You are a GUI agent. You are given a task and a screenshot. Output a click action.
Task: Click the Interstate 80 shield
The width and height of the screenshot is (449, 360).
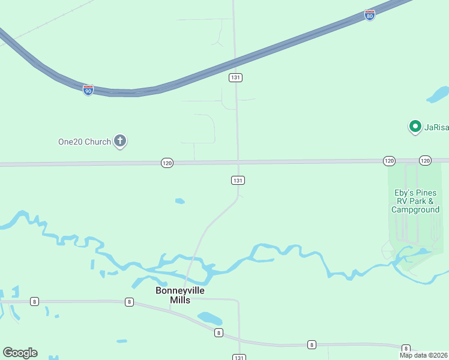[x=370, y=16]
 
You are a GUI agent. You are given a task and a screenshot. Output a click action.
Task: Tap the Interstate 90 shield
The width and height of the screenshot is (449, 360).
[x=88, y=90]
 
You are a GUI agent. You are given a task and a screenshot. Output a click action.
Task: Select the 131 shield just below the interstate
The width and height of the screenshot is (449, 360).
[x=235, y=77]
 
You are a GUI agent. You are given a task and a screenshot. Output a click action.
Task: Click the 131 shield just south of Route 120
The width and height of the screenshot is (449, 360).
[x=238, y=180]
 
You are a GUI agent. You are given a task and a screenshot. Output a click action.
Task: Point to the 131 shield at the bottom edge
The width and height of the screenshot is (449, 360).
[x=238, y=357]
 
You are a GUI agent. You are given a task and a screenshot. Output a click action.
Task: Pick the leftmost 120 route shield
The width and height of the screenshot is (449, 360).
[x=167, y=163]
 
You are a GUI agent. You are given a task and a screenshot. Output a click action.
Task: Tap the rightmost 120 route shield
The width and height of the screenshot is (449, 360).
[x=425, y=160]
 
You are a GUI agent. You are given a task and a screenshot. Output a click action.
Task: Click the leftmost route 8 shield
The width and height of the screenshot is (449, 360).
[x=35, y=301]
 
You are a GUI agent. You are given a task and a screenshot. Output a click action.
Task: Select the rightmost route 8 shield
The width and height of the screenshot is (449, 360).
[x=406, y=348]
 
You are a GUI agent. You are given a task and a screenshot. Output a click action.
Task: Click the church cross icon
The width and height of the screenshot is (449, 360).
[x=120, y=142]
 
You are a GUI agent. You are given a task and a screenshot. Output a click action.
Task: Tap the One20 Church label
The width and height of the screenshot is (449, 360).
[x=84, y=142]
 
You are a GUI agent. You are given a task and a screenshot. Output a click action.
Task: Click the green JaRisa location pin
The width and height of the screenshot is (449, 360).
[x=415, y=127]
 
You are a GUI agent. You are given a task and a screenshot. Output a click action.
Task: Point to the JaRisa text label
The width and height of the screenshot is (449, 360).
[x=436, y=127]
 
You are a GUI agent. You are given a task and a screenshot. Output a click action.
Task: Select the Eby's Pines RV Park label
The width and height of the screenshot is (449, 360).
[x=415, y=201]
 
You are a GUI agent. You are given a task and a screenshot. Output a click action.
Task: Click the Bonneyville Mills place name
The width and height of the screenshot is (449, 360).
[x=180, y=295]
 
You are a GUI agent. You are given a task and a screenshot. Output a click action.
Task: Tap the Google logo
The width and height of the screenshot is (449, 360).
[x=20, y=353]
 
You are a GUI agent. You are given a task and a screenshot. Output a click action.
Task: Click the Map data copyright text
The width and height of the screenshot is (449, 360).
[x=424, y=355]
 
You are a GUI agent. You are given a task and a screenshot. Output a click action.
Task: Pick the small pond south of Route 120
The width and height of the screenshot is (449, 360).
[x=179, y=201]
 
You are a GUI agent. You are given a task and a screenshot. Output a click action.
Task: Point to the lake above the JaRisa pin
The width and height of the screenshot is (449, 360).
[x=438, y=95]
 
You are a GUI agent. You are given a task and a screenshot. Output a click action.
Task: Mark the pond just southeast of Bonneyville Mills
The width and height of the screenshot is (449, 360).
[x=209, y=318]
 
